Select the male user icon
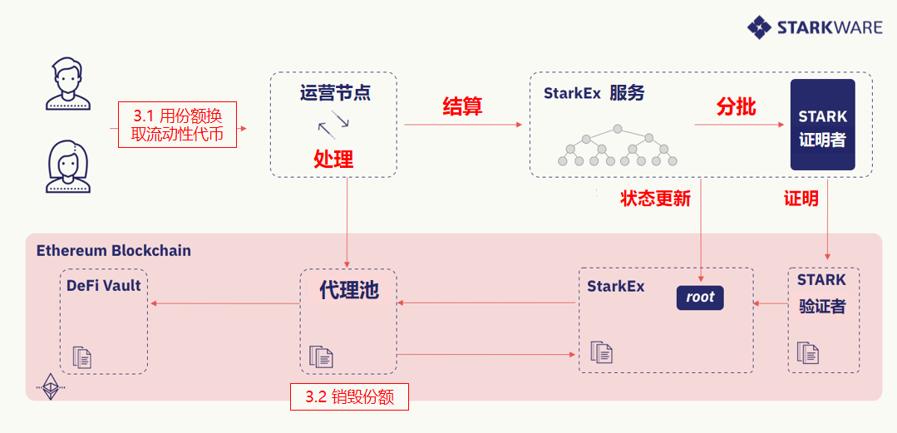coord(67,83)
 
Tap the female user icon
coord(67,166)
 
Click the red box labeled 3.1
coord(177,125)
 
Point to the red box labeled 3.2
coord(349,396)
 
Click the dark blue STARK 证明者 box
coord(822,125)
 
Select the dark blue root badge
coord(700,298)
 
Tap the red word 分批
coord(736,106)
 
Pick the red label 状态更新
coord(655,199)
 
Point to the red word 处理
coord(333,159)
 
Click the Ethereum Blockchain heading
coord(114,250)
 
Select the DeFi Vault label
coord(104,286)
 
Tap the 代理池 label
coord(348,290)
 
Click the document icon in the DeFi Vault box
coord(82,357)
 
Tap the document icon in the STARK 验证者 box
coord(808,352)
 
